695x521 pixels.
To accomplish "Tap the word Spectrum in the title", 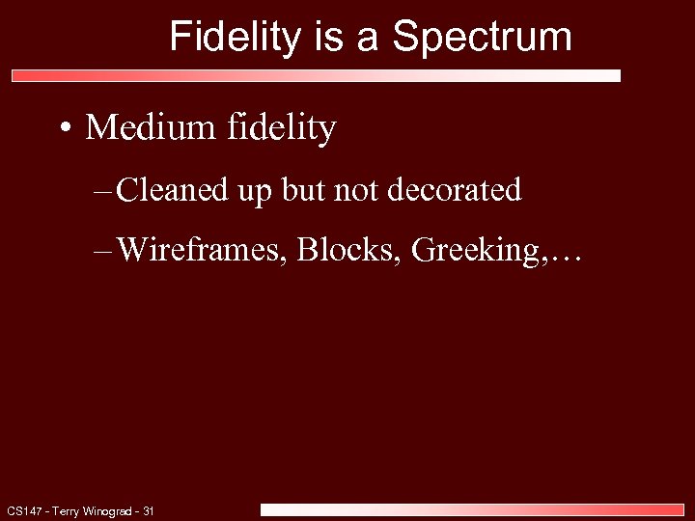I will (x=483, y=37).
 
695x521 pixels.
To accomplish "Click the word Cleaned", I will (x=172, y=190).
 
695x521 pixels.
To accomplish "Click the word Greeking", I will (x=470, y=250).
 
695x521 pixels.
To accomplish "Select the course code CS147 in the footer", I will (x=22, y=510).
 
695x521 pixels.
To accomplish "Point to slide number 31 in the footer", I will (x=149, y=510).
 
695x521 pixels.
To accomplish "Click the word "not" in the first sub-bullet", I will (x=358, y=190).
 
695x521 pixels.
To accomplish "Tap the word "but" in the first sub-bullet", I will (x=304, y=190).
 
